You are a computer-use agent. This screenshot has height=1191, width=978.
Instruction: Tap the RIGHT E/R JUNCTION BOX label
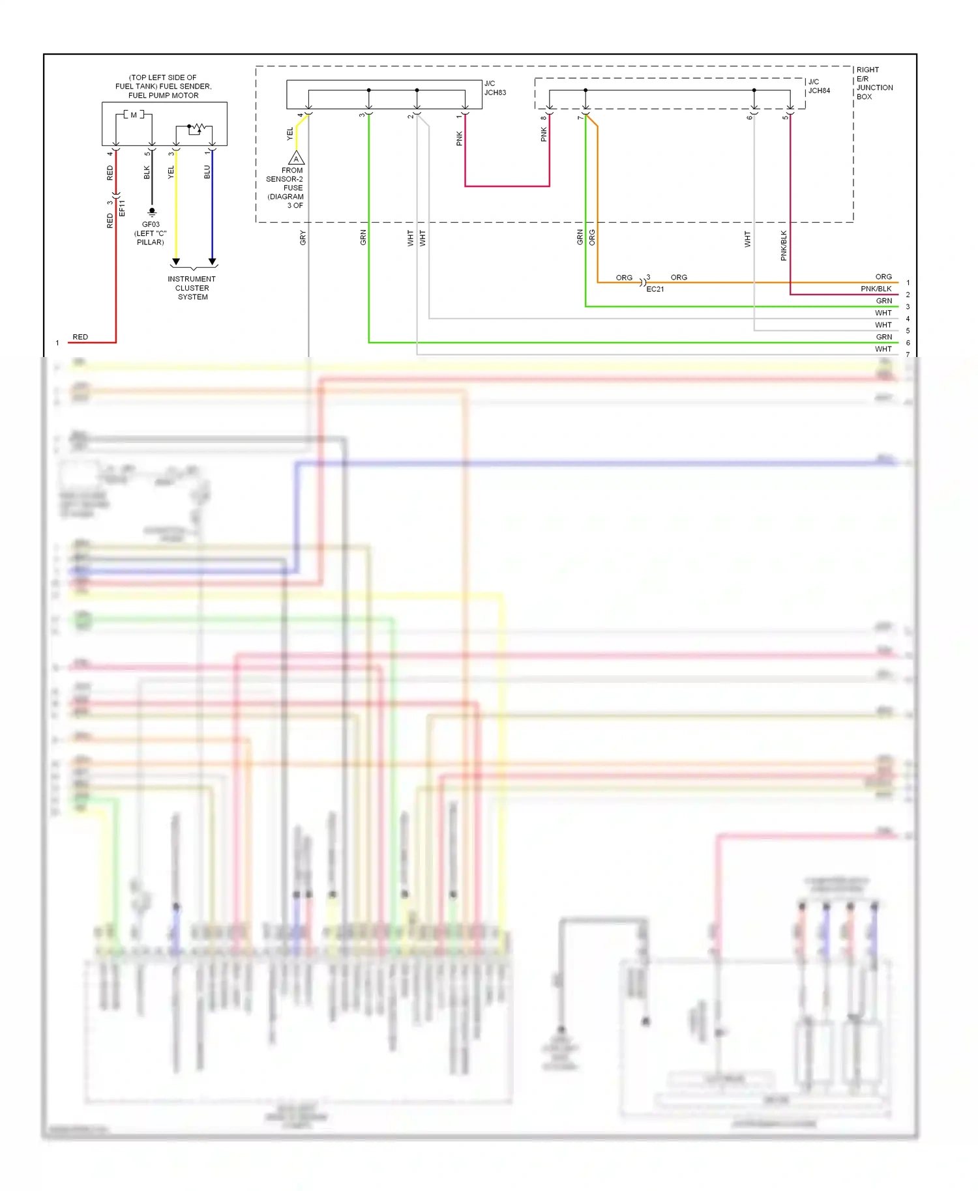[874, 83]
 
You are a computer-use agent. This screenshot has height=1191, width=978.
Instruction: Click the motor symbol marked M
[134, 115]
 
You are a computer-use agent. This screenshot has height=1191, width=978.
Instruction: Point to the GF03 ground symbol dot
[152, 211]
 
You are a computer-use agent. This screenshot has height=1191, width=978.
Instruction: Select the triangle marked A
[296, 158]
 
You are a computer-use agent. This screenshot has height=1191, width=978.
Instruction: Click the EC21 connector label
[655, 289]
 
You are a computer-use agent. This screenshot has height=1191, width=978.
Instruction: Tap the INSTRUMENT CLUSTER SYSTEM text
[192, 288]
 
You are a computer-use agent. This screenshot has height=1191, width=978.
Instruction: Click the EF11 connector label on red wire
[122, 207]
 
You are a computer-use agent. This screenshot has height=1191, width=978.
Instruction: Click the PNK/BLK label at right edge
[876, 289]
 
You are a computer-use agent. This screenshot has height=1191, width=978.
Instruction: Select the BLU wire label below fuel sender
[207, 172]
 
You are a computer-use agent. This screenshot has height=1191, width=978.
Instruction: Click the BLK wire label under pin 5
[147, 172]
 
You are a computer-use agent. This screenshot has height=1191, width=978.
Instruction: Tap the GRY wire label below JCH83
[303, 238]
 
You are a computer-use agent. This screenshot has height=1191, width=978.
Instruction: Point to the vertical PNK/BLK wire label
[784, 246]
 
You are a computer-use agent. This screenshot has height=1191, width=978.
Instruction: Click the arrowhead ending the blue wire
[212, 262]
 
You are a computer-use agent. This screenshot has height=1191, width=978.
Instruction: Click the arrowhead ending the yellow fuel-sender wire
[176, 262]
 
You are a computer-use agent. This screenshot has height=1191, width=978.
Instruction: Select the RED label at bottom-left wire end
[80, 337]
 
